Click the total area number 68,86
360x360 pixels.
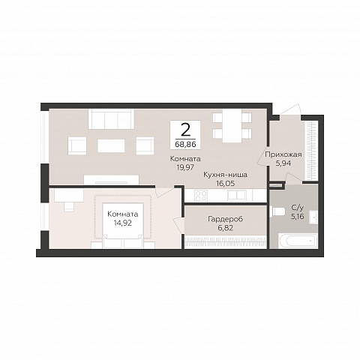pyautogui.click(x=185, y=144)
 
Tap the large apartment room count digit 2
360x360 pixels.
pyautogui.click(x=185, y=130)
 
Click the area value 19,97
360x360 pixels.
pyautogui.click(x=185, y=167)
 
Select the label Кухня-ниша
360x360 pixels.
pyautogui.click(x=225, y=175)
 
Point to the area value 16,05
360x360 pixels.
pyautogui.click(x=225, y=184)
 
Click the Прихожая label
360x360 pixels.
pyautogui.click(x=283, y=154)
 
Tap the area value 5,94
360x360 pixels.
pyautogui.click(x=283, y=163)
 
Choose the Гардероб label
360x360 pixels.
pyautogui.click(x=225, y=219)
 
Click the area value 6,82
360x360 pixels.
pyautogui.click(x=225, y=228)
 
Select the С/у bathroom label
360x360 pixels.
pyautogui.click(x=298, y=208)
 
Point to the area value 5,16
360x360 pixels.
pyautogui.click(x=298, y=217)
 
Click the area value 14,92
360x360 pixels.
pyautogui.click(x=122, y=223)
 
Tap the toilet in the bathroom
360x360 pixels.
pyautogui.click(x=278, y=211)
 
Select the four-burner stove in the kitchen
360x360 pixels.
pyautogui.click(x=201, y=196)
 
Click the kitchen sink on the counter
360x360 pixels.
pyautogui.click(x=236, y=196)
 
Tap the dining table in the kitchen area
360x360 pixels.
pyautogui.click(x=232, y=126)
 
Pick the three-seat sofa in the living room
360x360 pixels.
pyautogui.click(x=111, y=119)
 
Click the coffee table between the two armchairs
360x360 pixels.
pyautogui.click(x=111, y=145)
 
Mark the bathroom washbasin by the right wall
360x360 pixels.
pyautogui.click(x=313, y=217)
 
